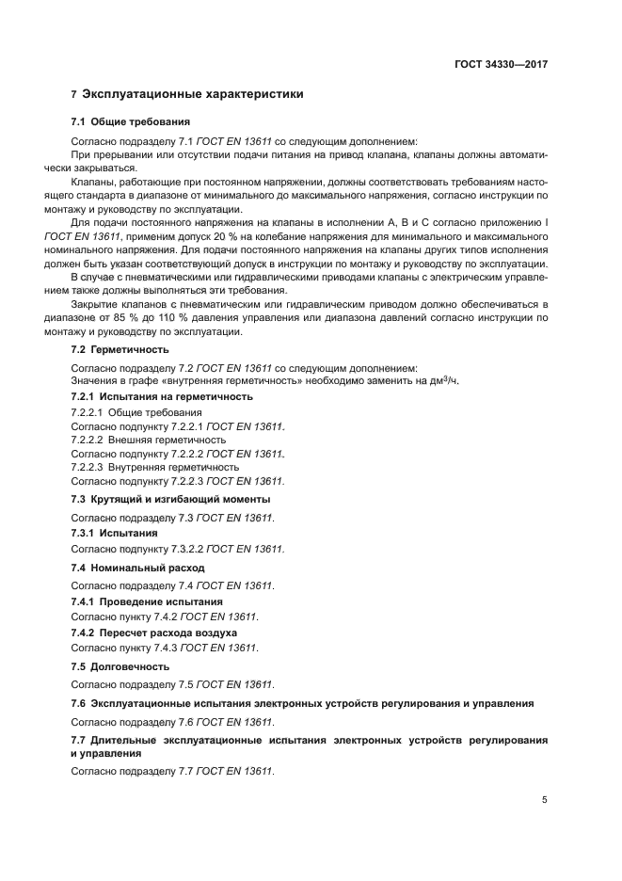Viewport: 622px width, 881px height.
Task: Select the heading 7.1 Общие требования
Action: click(x=131, y=122)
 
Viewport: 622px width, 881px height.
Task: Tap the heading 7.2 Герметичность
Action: click(x=120, y=349)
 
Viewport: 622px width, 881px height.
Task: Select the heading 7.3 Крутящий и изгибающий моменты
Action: click(x=170, y=499)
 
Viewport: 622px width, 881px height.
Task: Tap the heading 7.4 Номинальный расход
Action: click(x=137, y=568)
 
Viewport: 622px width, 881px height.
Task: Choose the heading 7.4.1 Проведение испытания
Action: click(x=147, y=601)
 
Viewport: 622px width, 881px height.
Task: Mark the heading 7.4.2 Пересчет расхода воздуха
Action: click(x=154, y=633)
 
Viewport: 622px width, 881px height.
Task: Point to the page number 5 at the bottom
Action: click(x=544, y=800)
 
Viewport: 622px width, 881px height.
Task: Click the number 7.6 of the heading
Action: click(x=79, y=703)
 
